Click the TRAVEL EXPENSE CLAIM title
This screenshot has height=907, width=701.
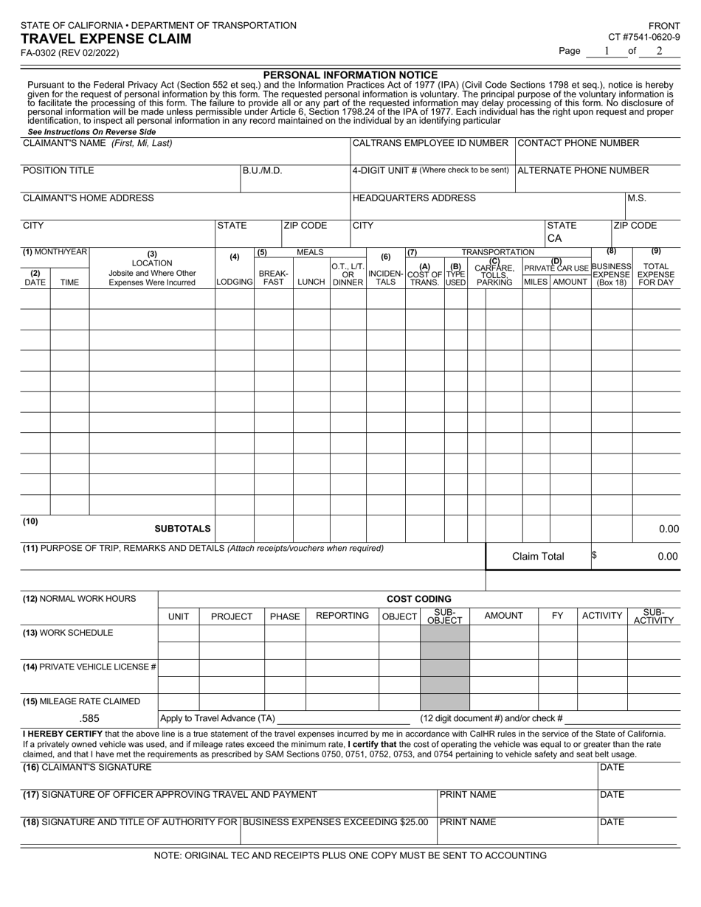pyautogui.click(x=106, y=39)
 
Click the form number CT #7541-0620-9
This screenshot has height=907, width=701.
pyautogui.click(x=643, y=37)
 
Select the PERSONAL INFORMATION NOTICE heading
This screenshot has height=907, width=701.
pyautogui.click(x=350, y=75)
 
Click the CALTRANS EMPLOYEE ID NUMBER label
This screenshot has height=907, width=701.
pyautogui.click(x=430, y=143)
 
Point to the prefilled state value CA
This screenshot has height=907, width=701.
pyautogui.click(x=555, y=239)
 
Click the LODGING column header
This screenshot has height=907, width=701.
pyautogui.click(x=235, y=282)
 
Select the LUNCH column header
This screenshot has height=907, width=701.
pyautogui.click(x=311, y=282)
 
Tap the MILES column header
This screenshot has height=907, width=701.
pyautogui.click(x=536, y=282)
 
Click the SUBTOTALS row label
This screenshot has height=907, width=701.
pyautogui.click(x=182, y=529)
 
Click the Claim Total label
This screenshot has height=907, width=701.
pyautogui.click(x=538, y=557)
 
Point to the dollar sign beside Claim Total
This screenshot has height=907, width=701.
pyautogui.click(x=594, y=556)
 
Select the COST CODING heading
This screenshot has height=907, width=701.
pyautogui.click(x=419, y=599)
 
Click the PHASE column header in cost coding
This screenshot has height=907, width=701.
pyautogui.click(x=285, y=616)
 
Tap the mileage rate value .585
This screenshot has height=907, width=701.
pyautogui.click(x=89, y=718)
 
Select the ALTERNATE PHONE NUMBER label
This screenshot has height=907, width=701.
pyautogui.click(x=583, y=170)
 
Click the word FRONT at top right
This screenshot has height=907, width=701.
pyautogui.click(x=664, y=25)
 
